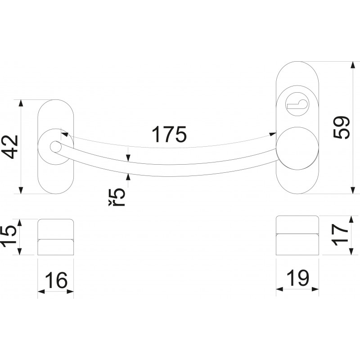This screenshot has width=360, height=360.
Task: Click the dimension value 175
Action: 169,134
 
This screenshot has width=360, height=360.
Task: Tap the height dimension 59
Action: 342,127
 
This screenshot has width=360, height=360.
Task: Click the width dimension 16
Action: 56,280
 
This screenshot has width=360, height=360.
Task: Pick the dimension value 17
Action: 340,234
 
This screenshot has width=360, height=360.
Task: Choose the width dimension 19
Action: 298,278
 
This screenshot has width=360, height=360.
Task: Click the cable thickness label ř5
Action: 117,198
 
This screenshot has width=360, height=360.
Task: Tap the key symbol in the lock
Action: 297,104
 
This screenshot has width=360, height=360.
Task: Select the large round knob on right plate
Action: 297,148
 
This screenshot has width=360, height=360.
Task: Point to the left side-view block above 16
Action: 56,237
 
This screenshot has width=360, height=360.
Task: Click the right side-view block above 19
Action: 297,235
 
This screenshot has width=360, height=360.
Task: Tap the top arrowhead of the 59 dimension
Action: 353,65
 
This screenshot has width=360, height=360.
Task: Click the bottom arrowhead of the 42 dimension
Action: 21,190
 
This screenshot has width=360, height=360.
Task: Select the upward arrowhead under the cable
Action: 128,177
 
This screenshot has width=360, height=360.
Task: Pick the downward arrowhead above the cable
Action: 128,158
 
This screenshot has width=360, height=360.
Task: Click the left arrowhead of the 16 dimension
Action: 41,292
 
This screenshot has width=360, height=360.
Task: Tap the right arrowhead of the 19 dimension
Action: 315,289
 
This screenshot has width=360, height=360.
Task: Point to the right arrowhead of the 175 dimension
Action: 273,134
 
